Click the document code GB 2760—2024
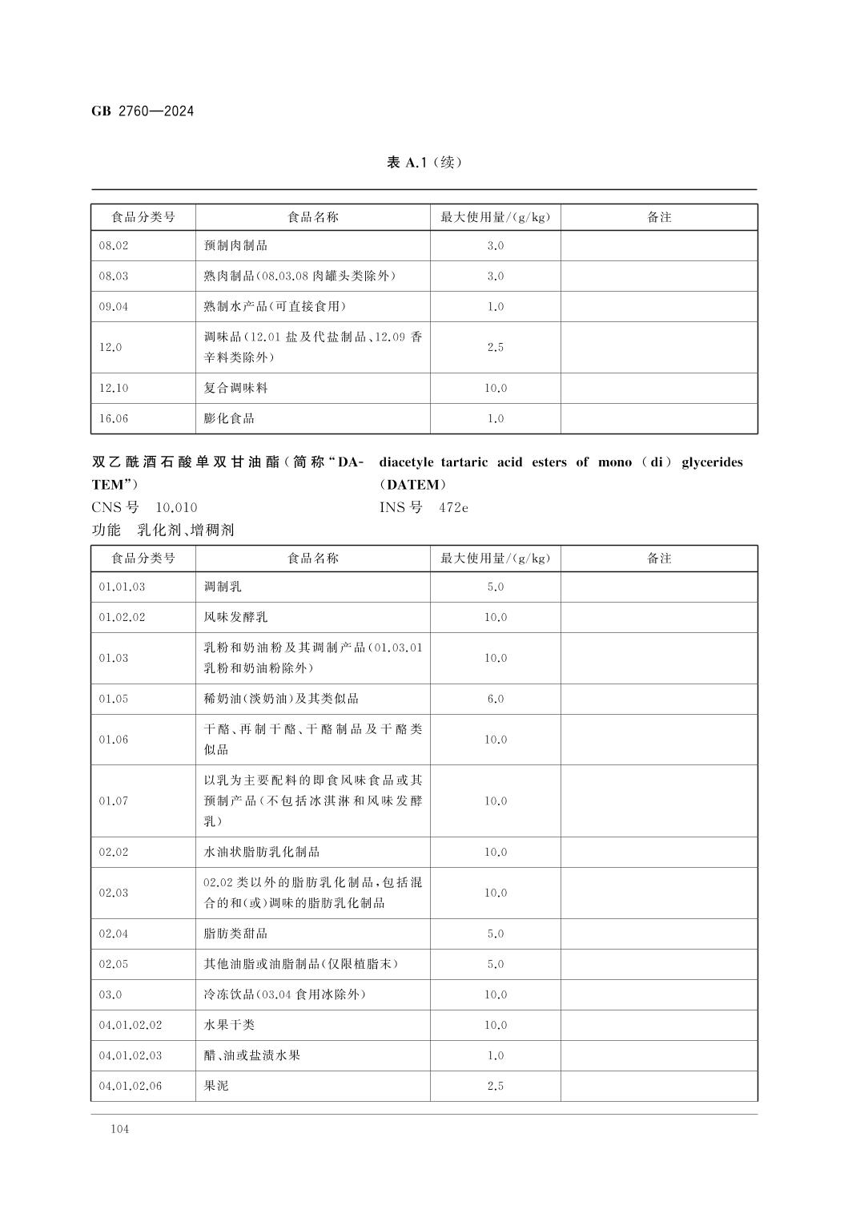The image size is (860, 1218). click(143, 111)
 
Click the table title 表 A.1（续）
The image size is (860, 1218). click(424, 163)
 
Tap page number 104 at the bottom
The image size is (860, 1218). click(119, 1129)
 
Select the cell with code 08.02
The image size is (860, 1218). click(114, 246)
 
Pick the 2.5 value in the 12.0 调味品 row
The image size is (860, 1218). click(495, 348)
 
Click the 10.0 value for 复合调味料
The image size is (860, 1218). click(495, 388)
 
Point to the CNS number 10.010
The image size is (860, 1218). click(176, 507)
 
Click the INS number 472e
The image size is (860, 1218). click(453, 507)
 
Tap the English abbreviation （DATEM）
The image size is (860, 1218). click(413, 485)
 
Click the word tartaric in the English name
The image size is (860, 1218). click(464, 462)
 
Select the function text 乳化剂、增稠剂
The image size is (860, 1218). click(186, 530)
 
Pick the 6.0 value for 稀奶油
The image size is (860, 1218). click(495, 699)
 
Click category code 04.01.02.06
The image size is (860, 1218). click(131, 1086)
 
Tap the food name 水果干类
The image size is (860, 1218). click(229, 1025)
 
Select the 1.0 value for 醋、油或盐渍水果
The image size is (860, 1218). click(495, 1055)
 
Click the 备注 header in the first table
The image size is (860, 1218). click(658, 217)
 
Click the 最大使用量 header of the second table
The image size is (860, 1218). click(495, 559)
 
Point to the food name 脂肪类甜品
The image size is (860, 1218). click(235, 934)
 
